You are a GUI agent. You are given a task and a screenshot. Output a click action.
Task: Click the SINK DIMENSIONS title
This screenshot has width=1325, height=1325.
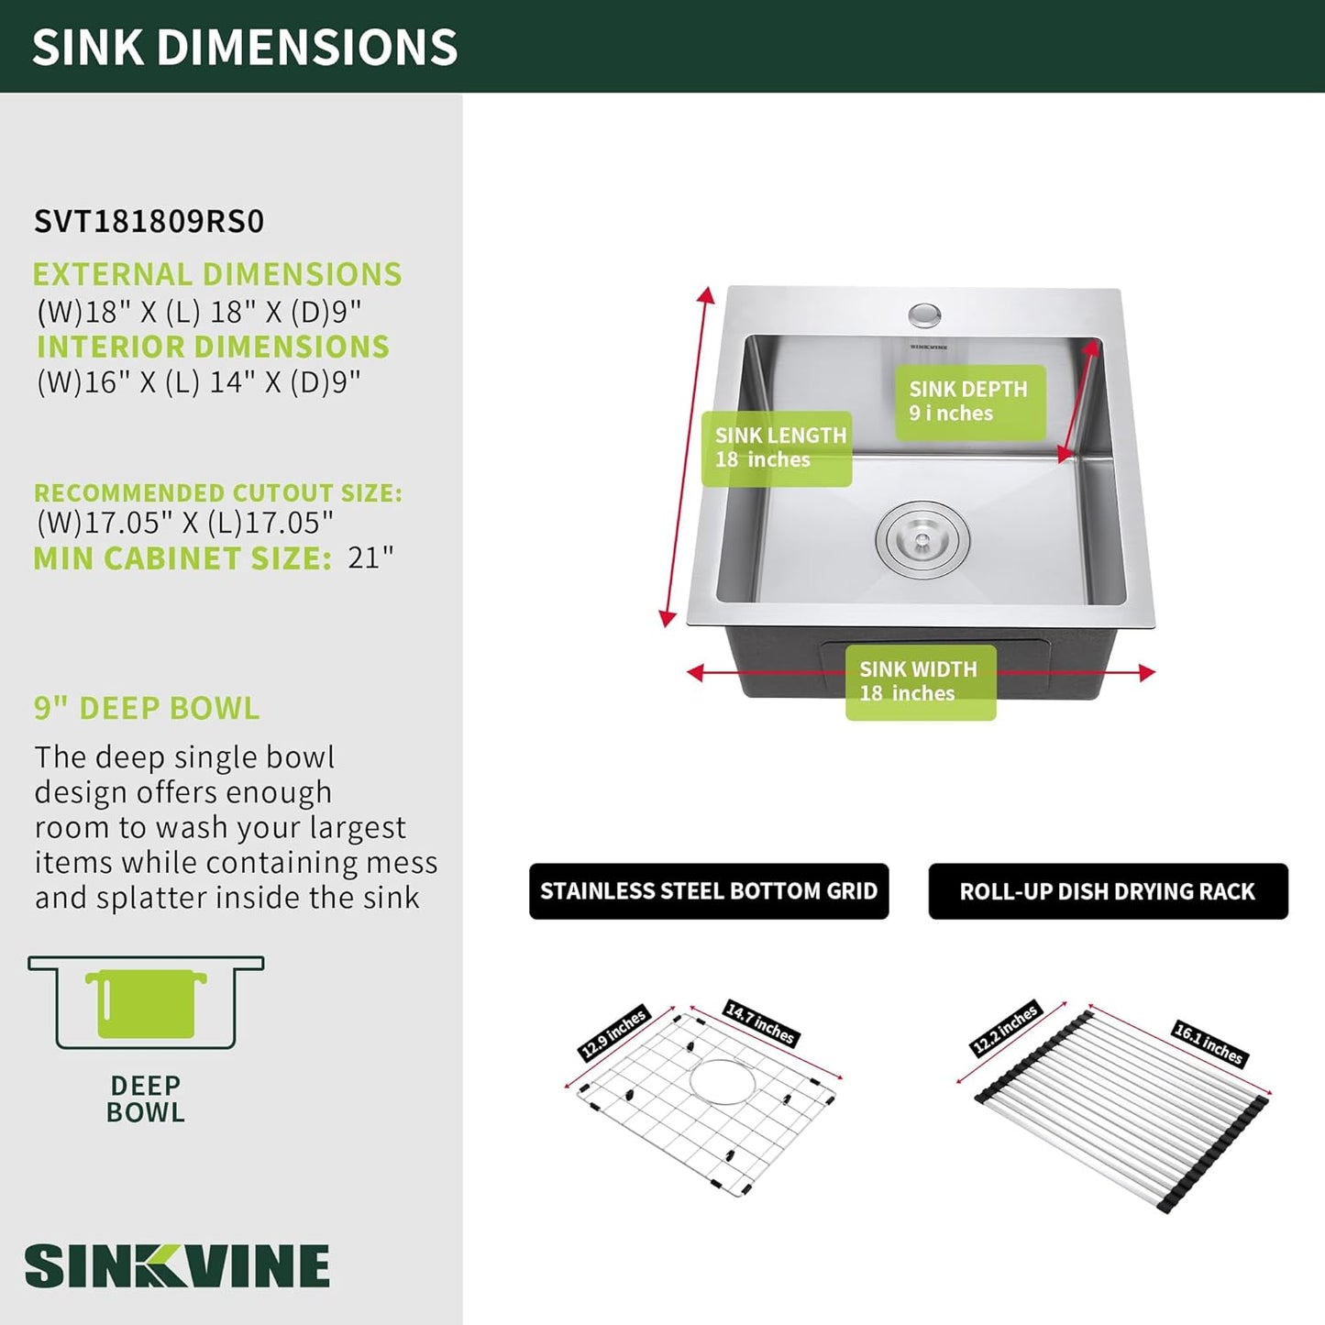pos(244,47)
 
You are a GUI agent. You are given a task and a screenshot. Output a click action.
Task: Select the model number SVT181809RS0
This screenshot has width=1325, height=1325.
pos(149,221)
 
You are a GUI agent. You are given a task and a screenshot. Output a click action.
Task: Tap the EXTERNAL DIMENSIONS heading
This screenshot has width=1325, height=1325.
pos(217,274)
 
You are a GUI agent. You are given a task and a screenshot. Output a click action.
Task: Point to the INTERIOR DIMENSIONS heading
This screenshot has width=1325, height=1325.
pos(213,347)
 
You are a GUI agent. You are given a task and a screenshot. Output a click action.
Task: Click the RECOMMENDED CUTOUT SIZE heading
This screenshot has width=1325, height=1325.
pos(218,493)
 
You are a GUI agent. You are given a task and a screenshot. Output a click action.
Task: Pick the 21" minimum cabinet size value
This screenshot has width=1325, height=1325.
pos(370,558)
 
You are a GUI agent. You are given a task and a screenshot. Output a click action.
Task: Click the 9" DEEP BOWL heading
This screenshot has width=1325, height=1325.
pos(147,708)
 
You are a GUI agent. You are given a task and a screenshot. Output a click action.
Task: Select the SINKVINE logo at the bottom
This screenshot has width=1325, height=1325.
pos(177,1265)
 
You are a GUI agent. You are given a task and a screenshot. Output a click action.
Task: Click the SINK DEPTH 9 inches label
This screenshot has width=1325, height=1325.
pos(970,403)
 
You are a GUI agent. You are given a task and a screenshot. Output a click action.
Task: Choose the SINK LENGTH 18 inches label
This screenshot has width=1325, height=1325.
pos(777,448)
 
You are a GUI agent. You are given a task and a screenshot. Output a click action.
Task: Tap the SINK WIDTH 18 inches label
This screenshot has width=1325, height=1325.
pos(921,682)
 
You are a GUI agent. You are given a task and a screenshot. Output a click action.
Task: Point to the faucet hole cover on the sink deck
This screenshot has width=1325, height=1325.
pos(925,315)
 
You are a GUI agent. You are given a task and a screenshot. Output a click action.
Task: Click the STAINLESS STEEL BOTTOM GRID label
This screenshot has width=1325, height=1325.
pos(709,891)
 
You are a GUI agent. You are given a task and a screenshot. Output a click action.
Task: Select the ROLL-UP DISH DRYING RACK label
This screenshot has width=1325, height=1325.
pos(1108,891)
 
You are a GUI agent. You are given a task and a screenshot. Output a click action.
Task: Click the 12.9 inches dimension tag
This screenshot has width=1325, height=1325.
pos(613,1033)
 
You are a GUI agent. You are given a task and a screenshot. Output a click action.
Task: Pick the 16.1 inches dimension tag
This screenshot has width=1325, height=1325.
pos(1209,1043)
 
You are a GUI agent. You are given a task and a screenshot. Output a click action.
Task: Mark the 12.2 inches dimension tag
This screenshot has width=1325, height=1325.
pos(1006,1029)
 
